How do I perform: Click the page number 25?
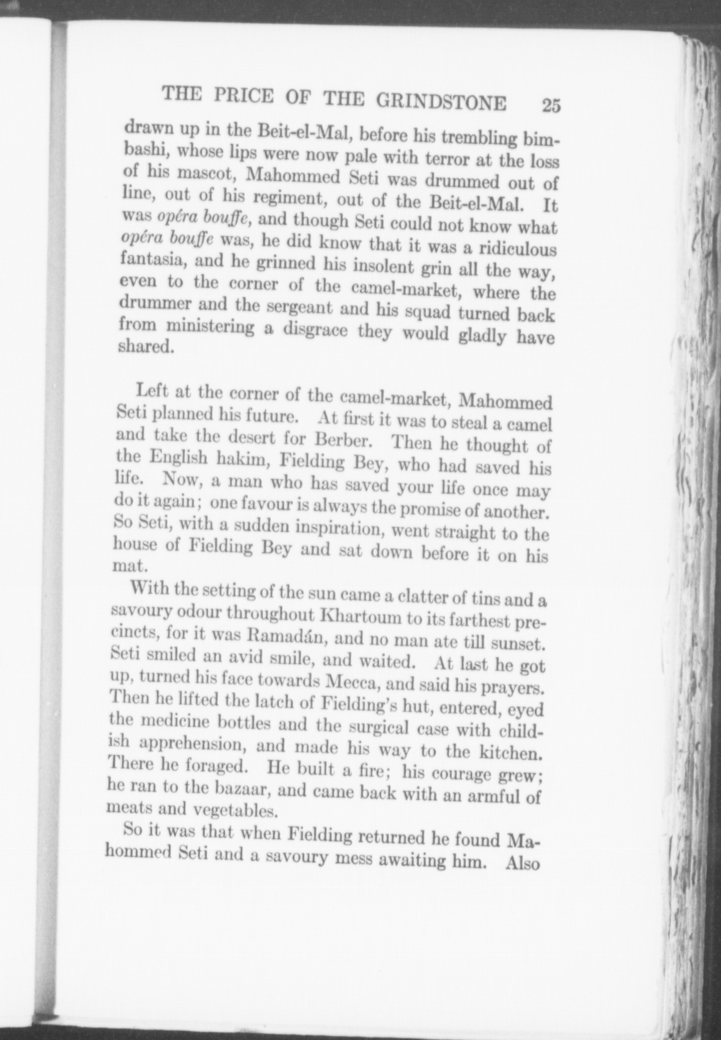(x=551, y=105)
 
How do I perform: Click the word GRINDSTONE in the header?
(x=441, y=102)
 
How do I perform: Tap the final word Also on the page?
(x=523, y=865)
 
